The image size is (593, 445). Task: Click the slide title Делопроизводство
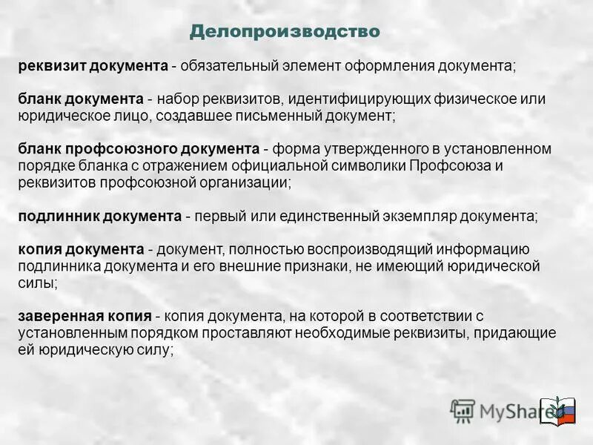pyautogui.click(x=285, y=32)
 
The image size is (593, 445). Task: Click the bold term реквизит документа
pyautogui.click(x=93, y=66)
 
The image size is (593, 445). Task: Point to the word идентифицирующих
pyautogui.click(x=344, y=99)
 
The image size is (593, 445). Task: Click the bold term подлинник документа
pyautogui.click(x=99, y=216)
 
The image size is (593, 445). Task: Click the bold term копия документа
pyautogui.click(x=81, y=249)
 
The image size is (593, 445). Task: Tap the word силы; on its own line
pyautogui.click(x=37, y=283)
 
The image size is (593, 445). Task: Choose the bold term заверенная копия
pyautogui.click(x=85, y=316)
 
